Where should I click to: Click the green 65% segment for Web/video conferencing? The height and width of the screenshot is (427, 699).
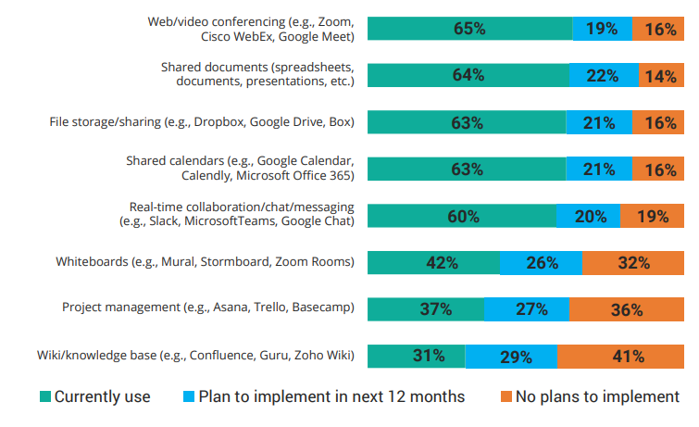pos(470,29)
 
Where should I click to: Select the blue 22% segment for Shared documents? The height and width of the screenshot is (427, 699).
pos(604,75)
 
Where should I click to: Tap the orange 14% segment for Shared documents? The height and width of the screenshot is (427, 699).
pos(661,75)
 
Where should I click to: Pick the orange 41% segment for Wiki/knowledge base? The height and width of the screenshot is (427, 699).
pos(620,356)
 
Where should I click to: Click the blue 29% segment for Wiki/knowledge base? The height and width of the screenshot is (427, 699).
pos(511,356)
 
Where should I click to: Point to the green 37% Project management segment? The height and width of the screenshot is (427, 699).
pos(426,309)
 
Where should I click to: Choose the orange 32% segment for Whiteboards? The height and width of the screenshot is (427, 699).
pos(633,263)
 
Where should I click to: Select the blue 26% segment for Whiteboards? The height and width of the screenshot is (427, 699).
pos(541,263)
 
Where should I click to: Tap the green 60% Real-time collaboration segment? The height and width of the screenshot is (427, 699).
pos(462,216)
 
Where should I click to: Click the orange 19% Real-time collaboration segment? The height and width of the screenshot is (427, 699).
pos(652,216)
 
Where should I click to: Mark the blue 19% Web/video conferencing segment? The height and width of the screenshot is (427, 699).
pos(603,29)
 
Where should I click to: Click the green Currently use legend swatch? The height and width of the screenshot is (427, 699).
pos(45,396)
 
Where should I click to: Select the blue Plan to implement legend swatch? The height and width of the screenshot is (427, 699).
pos(189,396)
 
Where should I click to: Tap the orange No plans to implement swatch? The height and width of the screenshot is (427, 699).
pos(506,396)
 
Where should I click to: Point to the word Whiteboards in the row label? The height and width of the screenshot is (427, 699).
pos(92,261)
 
